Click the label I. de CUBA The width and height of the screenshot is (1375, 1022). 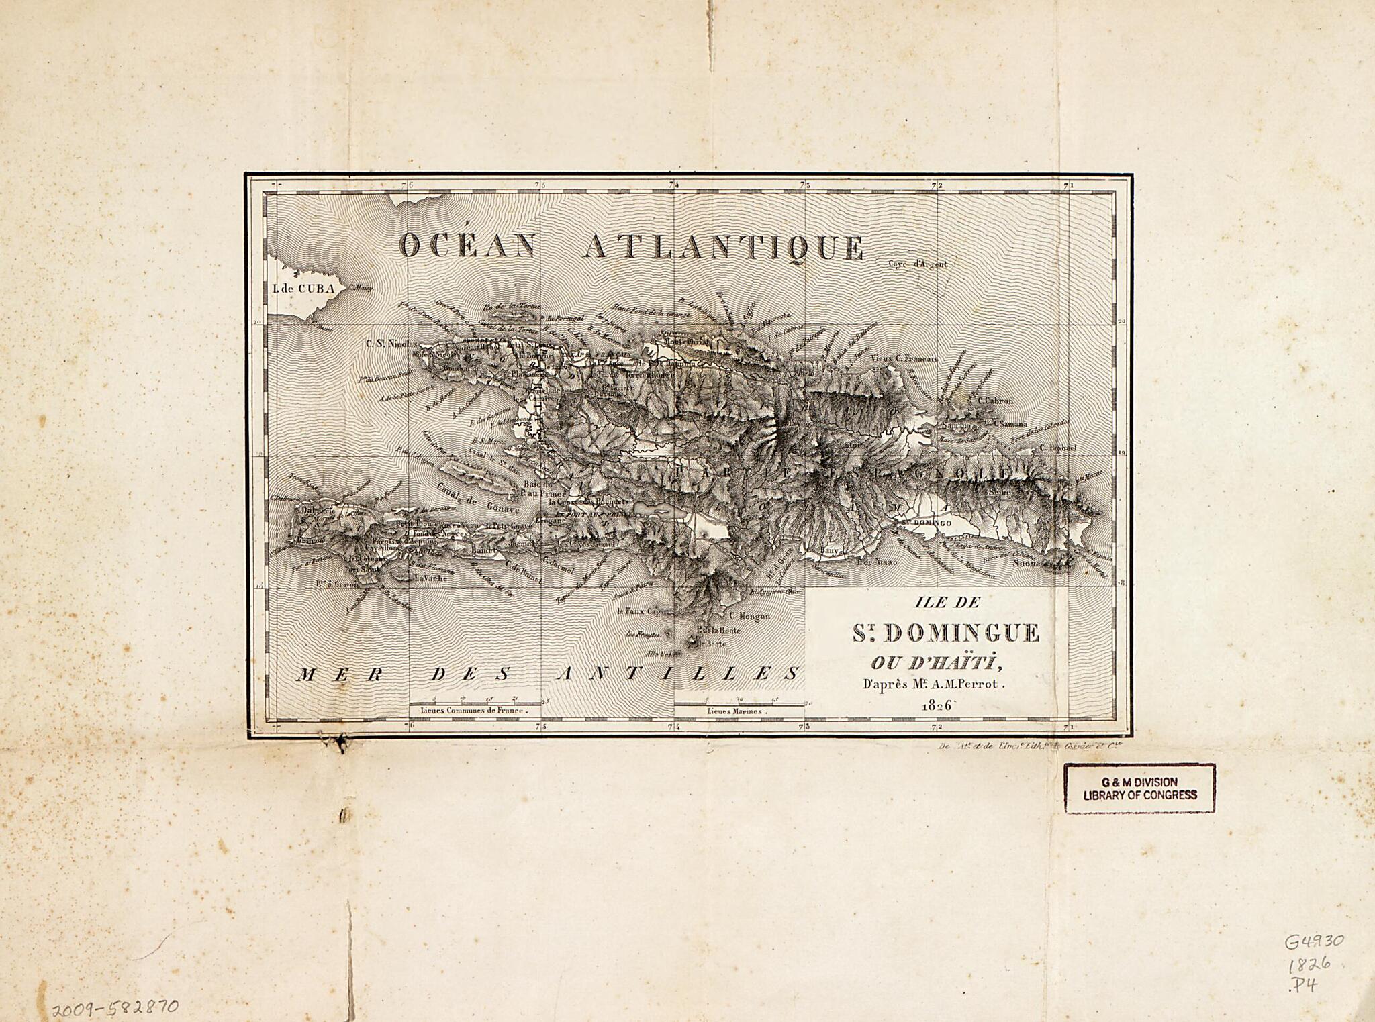pos(303,289)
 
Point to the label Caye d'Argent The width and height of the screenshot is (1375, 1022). pos(918,264)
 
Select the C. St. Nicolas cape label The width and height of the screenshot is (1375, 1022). pos(387,343)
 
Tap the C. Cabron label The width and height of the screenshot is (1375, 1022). pos(995,401)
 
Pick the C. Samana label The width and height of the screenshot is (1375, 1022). pos(1008,424)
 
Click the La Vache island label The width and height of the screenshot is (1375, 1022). pos(430,578)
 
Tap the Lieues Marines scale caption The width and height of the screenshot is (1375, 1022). pos(735,711)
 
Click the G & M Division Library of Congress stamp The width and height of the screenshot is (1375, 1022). pos(1139,788)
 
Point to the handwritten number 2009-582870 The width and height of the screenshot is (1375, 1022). pos(115,1006)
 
